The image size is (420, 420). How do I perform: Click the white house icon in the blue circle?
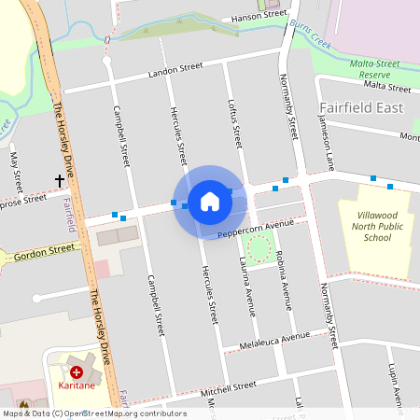pyautogui.click(x=210, y=202)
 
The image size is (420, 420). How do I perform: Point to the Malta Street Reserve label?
pyautogui.click(x=374, y=68)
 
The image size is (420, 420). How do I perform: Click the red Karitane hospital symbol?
pyautogui.click(x=77, y=371)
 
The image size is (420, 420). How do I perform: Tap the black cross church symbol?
pyautogui.click(x=60, y=179)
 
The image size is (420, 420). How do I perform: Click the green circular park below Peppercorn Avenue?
pyautogui.click(x=259, y=248)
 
